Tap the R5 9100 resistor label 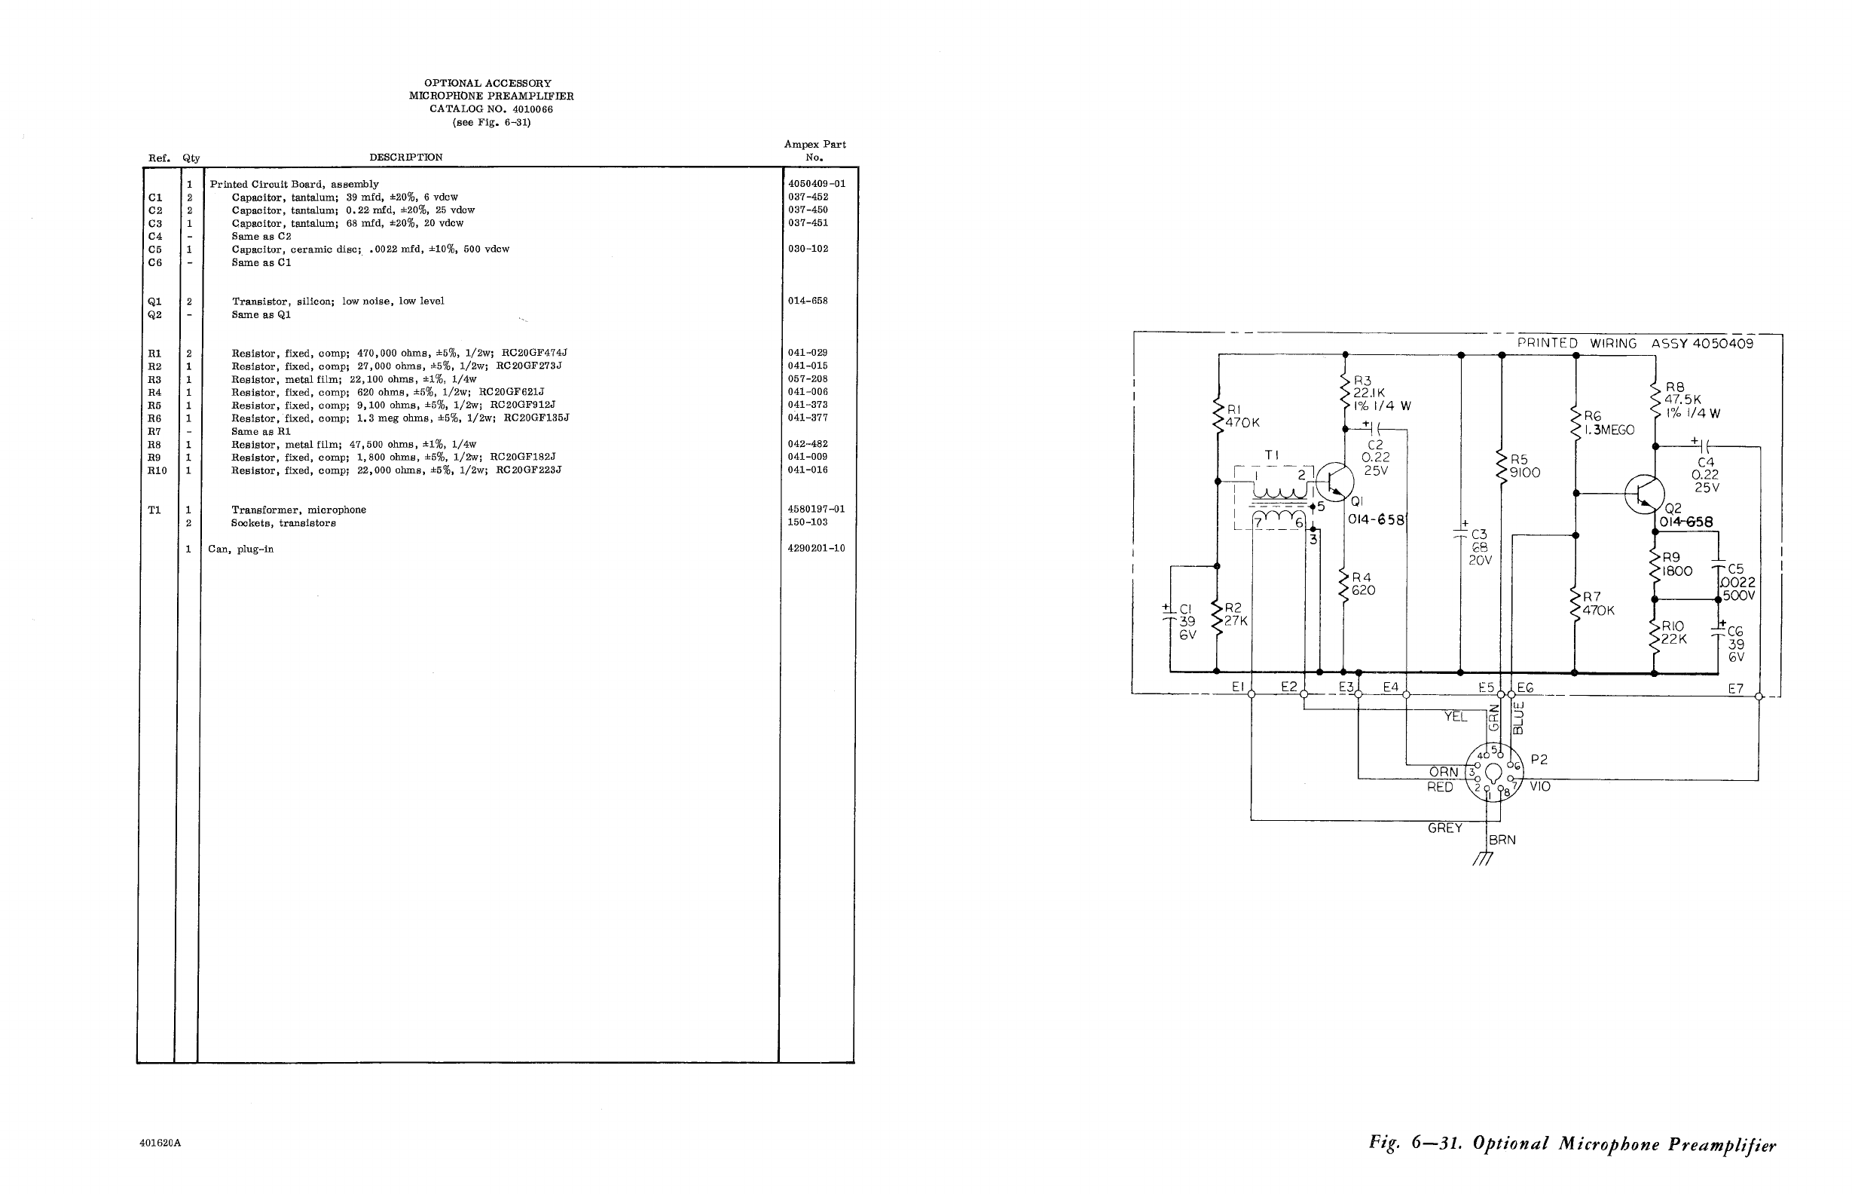click(1523, 467)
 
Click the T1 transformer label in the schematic click(1272, 456)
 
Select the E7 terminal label click(1735, 688)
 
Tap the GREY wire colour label click(1445, 828)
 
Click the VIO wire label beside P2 click(1541, 787)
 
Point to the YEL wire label click(1455, 717)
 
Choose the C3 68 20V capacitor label click(1479, 547)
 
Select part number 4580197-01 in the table click(816, 510)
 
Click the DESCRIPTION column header click(405, 158)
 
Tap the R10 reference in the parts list click(157, 470)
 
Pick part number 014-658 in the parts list click(808, 301)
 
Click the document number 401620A click(160, 1143)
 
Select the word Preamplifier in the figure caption click(1722, 1144)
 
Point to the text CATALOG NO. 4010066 click(491, 109)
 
